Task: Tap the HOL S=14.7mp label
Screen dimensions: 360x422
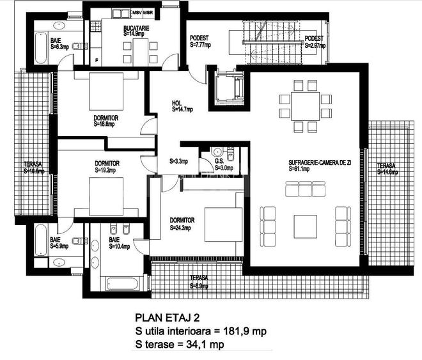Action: (182, 106)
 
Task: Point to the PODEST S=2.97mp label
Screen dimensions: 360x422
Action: (314, 42)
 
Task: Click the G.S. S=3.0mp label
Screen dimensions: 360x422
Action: (223, 164)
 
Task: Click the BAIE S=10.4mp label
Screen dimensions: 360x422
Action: (119, 243)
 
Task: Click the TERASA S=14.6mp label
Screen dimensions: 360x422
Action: (387, 168)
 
